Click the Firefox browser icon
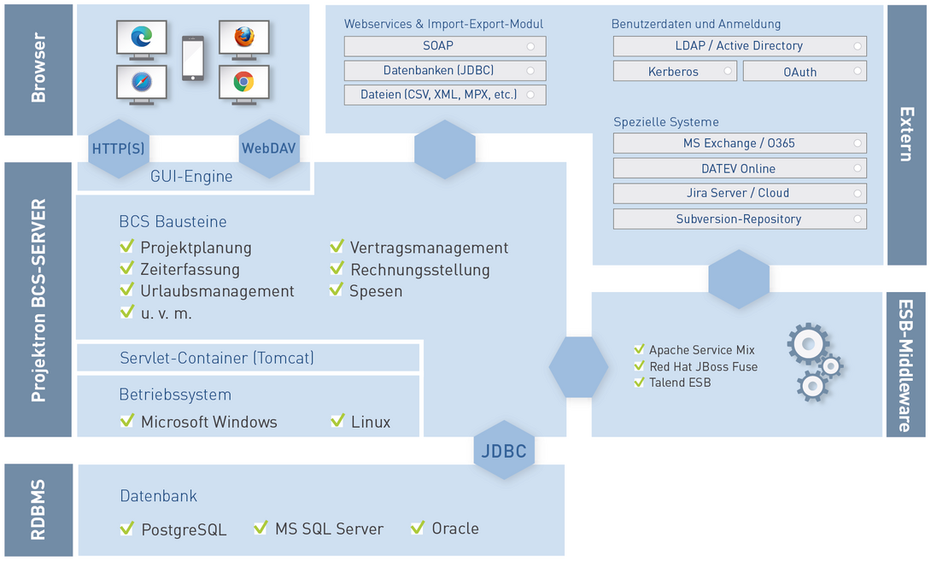244,37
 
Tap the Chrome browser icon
243,81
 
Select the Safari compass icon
141,82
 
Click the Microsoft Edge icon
141,37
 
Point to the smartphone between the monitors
192,58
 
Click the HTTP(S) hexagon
119,149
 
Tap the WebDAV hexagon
269,149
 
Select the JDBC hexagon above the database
504,451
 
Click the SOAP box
445,46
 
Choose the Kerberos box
675,71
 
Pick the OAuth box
805,71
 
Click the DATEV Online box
740,168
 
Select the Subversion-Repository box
740,219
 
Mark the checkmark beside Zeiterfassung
127,268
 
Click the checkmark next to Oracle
418,527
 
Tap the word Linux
371,422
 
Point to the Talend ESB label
680,383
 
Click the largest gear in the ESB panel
808,344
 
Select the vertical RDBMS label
38,510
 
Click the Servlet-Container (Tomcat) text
217,358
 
